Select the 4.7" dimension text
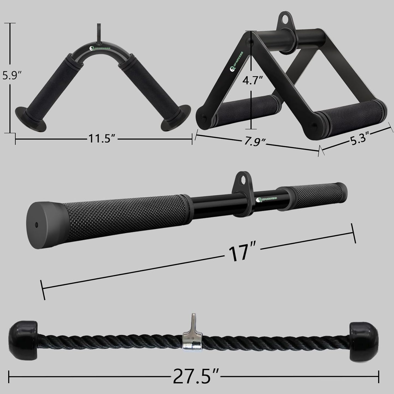[x=252, y=80]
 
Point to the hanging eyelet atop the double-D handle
[x=284, y=21]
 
